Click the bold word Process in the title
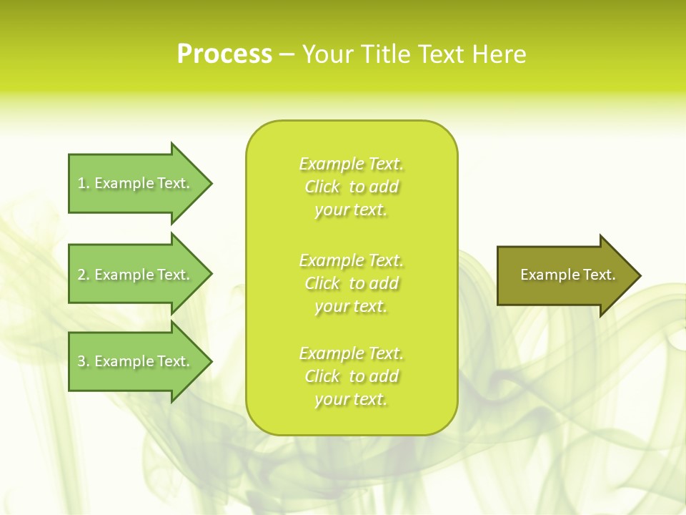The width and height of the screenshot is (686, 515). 224,54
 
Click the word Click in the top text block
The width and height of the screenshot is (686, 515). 322,187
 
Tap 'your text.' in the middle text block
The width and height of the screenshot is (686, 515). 351,306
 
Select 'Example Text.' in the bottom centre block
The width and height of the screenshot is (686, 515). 351,353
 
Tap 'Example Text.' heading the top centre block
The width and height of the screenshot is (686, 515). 351,164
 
